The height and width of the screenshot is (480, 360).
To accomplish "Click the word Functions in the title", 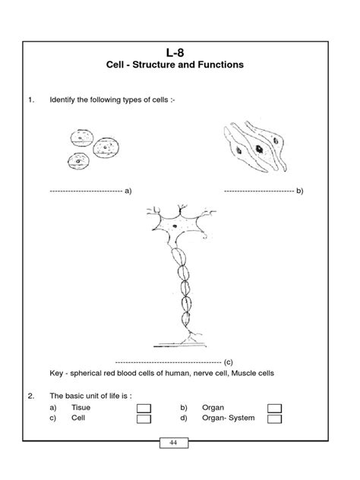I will pyautogui.click(x=219, y=65).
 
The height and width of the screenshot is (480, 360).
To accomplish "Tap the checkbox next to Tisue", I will pyautogui.click(x=144, y=409).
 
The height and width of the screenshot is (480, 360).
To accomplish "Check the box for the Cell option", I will pyautogui.click(x=144, y=419).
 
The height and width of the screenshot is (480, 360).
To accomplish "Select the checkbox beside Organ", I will pyautogui.click(x=275, y=409).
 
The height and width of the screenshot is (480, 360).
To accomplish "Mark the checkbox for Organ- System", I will pyautogui.click(x=275, y=419).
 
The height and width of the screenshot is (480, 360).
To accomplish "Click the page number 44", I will pyautogui.click(x=174, y=444).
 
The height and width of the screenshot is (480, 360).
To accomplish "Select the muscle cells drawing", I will pyautogui.click(x=257, y=148).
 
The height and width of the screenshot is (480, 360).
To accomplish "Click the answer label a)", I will pyautogui.click(x=128, y=191).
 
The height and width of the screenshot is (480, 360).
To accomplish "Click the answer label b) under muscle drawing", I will pyautogui.click(x=299, y=191).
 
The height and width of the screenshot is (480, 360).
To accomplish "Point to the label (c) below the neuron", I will pyautogui.click(x=228, y=362).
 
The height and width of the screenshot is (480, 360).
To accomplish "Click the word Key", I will pyautogui.click(x=57, y=374).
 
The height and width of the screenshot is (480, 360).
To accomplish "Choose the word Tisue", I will pyautogui.click(x=81, y=408).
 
